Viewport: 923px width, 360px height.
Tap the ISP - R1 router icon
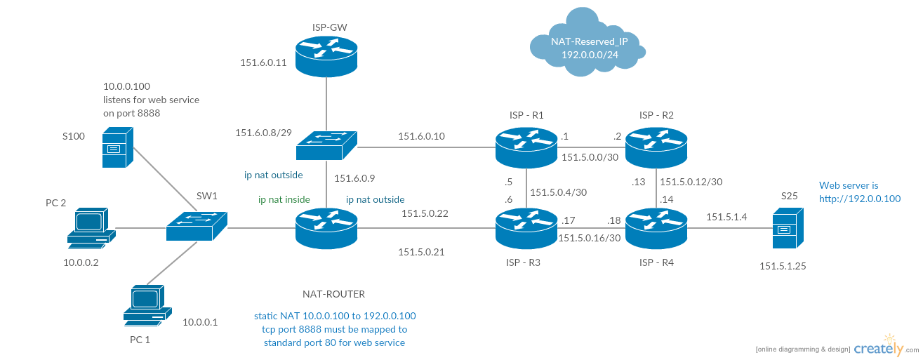tap(525, 147)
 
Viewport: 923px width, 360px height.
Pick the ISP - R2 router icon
tap(656, 147)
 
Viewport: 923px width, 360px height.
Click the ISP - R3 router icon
tap(525, 229)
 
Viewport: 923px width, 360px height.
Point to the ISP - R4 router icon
tap(656, 229)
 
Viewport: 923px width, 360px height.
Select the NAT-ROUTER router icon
tap(326, 229)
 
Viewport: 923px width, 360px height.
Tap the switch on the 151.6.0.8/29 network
tap(326, 146)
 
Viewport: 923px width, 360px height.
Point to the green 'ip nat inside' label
tap(284, 200)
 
